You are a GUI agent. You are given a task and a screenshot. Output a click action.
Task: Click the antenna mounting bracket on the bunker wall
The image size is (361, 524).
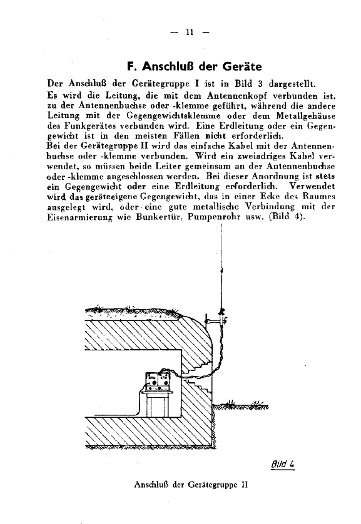[218, 320]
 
